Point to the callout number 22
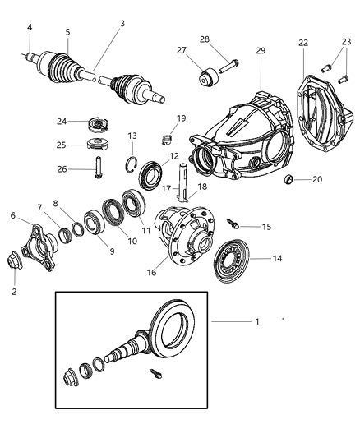tap(302, 43)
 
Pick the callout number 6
tap(12, 215)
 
